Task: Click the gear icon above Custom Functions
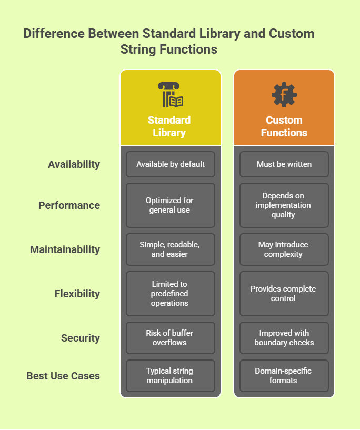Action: (284, 95)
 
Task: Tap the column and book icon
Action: (171, 95)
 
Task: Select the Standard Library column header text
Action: (169, 126)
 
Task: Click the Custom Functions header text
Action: (284, 126)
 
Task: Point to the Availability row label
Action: (74, 164)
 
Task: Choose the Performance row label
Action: (69, 205)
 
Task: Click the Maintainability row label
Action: (65, 249)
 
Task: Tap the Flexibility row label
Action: (77, 294)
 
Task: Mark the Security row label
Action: (81, 338)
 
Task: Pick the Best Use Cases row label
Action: (63, 376)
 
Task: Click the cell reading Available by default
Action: (171, 164)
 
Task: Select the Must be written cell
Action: (284, 164)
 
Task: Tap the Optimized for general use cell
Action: (171, 205)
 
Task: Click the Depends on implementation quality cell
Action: (284, 205)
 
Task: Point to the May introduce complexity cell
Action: (284, 249)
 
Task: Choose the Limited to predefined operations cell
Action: (171, 294)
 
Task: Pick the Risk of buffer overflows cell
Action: (171, 338)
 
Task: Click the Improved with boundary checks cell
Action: (284, 338)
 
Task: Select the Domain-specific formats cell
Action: (284, 376)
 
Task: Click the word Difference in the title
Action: (54, 34)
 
